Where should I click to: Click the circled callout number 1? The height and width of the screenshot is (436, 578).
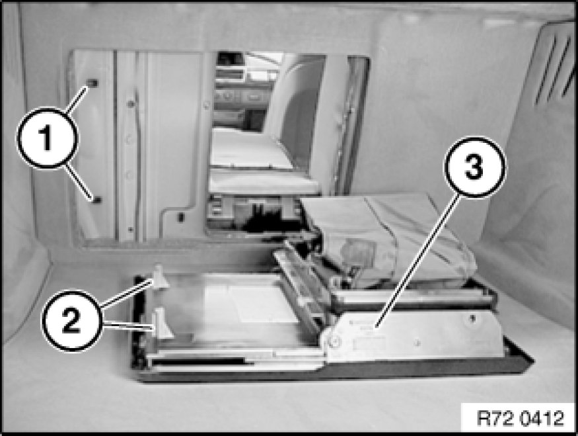click(47, 138)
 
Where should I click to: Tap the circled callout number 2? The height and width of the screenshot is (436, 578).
click(71, 320)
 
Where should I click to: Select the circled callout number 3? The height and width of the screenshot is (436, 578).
click(474, 167)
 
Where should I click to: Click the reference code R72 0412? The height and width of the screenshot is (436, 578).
click(520, 418)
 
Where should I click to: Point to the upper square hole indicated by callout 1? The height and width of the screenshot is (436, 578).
click(93, 83)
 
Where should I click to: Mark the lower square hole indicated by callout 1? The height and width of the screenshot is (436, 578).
click(97, 200)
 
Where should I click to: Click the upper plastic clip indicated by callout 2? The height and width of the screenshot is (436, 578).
click(161, 277)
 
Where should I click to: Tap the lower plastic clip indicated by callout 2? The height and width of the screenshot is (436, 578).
click(163, 324)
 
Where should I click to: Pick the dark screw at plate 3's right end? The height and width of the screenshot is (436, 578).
click(472, 318)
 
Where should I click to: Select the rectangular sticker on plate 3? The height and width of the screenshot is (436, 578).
click(369, 343)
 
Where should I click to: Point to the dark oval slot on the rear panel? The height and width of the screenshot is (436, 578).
click(180, 217)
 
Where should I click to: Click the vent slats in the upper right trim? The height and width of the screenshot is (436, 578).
click(553, 66)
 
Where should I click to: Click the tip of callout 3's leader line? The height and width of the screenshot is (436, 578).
click(375, 326)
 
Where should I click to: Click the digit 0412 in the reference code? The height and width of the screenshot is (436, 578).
click(542, 418)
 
